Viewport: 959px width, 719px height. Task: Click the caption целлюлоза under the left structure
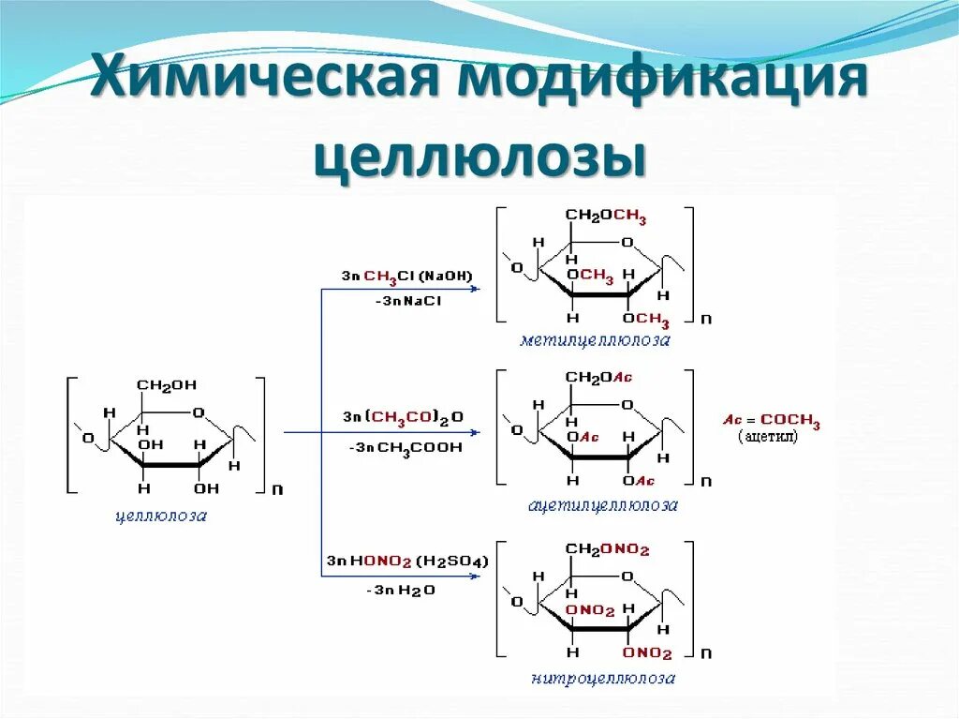coord(161,515)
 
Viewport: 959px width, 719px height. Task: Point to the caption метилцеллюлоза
coord(596,340)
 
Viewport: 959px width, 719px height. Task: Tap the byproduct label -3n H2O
coord(401,591)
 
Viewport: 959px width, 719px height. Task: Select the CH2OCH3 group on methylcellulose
coord(605,217)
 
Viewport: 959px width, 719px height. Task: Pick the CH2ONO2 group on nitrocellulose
coord(607,550)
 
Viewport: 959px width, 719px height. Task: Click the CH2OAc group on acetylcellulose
coord(599,377)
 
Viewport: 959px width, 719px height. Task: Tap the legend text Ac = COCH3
coord(771,421)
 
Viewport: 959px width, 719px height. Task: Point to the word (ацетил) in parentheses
coord(768,438)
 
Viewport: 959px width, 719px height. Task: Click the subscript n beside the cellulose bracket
coord(276,488)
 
